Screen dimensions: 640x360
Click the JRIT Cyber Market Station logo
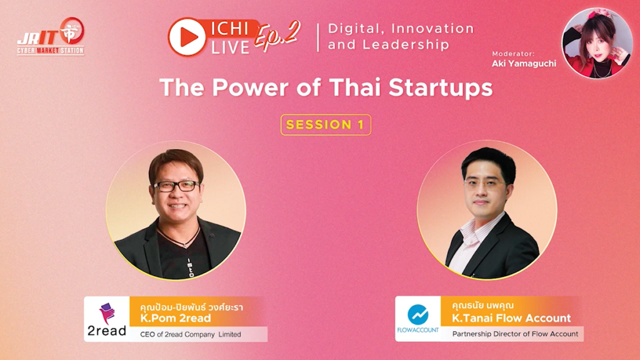[51, 36]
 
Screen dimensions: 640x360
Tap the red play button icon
[187, 37]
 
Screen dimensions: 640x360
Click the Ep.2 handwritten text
[277, 35]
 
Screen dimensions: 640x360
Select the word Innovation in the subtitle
[432, 29]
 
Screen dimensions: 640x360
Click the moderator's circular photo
[597, 43]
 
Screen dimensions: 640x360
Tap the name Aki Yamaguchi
[524, 63]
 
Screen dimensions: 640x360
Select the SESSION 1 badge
[326, 124]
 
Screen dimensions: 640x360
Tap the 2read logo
[106, 319]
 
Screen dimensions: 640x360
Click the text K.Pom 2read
[176, 318]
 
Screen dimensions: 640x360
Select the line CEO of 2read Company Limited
[191, 334]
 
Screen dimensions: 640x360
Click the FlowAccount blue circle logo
[418, 314]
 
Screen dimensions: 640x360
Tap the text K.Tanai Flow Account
[511, 318]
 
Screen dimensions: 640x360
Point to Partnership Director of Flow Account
[515, 334]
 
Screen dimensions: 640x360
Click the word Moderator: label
[512, 54]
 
